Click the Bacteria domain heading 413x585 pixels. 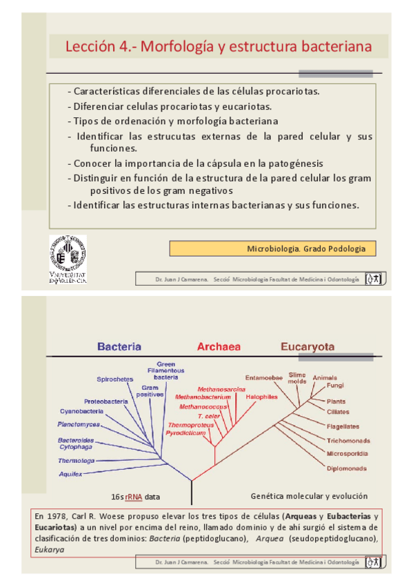pyautogui.click(x=119, y=347)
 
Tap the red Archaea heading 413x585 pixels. pyautogui.click(x=219, y=347)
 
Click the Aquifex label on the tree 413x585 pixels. pyautogui.click(x=70, y=474)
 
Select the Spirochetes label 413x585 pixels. pyautogui.click(x=115, y=379)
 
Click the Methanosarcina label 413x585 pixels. pyautogui.click(x=221, y=390)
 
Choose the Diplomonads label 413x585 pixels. pyautogui.click(x=347, y=467)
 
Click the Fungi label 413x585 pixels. pyautogui.click(x=336, y=386)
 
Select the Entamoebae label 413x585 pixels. pyautogui.click(x=264, y=377)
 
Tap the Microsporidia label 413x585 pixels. pyautogui.click(x=347, y=453)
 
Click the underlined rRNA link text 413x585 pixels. pyautogui.click(x=134, y=497)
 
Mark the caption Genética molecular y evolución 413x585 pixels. pyautogui.click(x=309, y=496)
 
